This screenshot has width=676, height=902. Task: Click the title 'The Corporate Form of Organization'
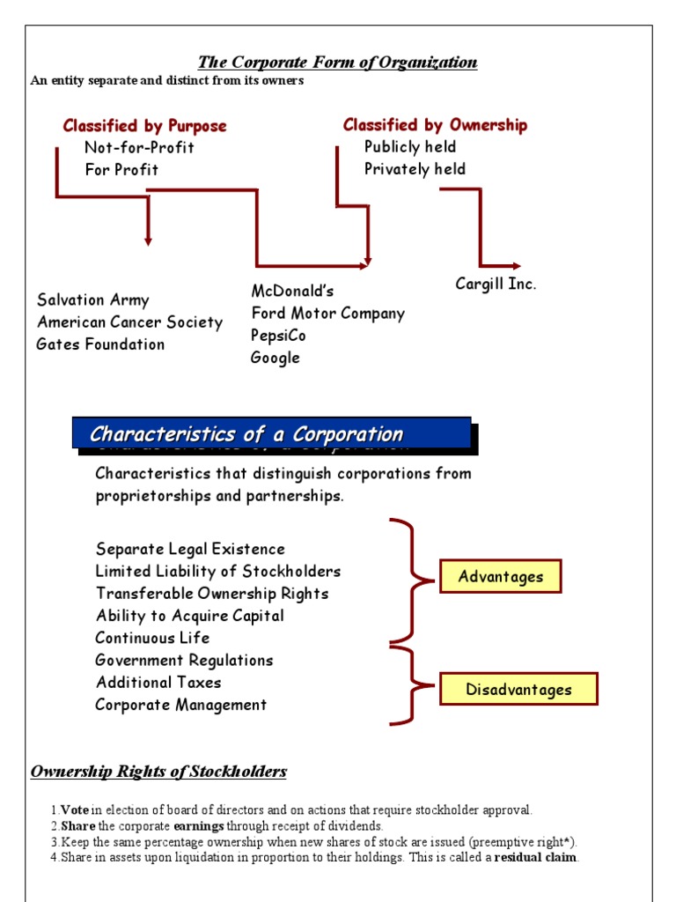click(x=337, y=63)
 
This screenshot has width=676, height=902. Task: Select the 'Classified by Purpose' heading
click(x=144, y=126)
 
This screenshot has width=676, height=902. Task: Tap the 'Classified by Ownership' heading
click(x=435, y=125)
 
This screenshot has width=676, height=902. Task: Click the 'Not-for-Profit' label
click(x=139, y=147)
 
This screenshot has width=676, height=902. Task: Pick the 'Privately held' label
click(x=415, y=169)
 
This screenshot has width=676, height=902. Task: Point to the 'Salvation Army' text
click(x=93, y=300)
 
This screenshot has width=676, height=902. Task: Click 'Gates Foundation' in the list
click(x=100, y=344)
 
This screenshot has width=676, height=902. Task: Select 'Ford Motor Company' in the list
click(x=327, y=314)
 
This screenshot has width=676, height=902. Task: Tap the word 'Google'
click(x=275, y=358)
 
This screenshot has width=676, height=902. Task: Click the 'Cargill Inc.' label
click(x=496, y=284)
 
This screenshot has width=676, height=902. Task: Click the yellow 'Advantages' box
click(x=500, y=577)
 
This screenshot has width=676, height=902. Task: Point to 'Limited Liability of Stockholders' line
click(x=217, y=572)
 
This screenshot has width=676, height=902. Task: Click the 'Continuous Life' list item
click(x=152, y=638)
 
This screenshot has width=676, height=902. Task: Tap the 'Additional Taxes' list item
click(x=158, y=683)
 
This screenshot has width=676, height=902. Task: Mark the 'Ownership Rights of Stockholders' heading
click(x=158, y=773)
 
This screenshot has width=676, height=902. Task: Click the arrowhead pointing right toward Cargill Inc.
click(x=515, y=266)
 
